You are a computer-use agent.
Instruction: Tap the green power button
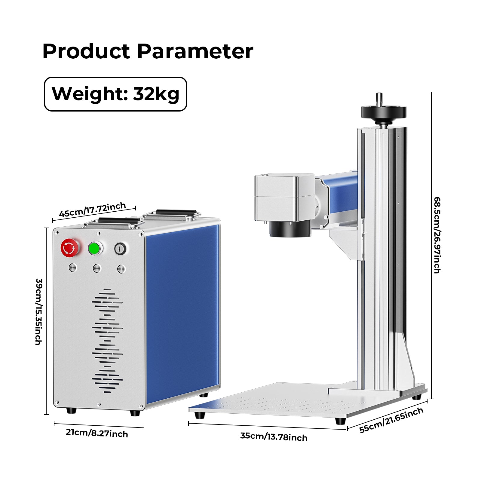point(95,248)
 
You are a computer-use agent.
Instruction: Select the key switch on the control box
point(120,249)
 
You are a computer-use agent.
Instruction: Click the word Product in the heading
point(86,51)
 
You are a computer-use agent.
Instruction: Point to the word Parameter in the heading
point(195,51)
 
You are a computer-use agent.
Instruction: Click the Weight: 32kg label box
point(115,94)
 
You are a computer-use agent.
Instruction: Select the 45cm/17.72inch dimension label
point(93,210)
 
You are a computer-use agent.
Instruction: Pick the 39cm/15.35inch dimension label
point(38,311)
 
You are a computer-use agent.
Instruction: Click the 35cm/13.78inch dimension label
point(274,437)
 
